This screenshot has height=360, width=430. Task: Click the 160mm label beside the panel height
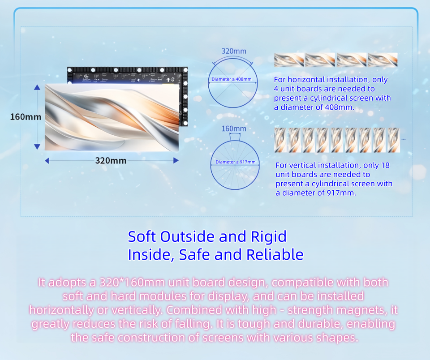pyautogui.click(x=26, y=117)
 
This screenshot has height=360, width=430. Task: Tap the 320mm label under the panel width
pyautogui.click(x=111, y=160)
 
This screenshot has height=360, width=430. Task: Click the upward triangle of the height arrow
pyautogui.click(x=37, y=87)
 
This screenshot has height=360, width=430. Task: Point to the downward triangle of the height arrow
pyautogui.click(x=37, y=147)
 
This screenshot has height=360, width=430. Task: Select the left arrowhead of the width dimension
pyautogui.click(x=47, y=161)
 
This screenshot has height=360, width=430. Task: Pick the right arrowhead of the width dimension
pyautogui.click(x=176, y=161)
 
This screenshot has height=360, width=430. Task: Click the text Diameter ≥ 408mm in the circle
pyautogui.click(x=232, y=79)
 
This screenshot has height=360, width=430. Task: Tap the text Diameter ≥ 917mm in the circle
pyautogui.click(x=236, y=162)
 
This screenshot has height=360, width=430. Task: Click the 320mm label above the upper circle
pyautogui.click(x=234, y=51)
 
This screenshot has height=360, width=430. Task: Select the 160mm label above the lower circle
pyautogui.click(x=234, y=129)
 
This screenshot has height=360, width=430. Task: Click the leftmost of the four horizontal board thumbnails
pyautogui.click(x=289, y=60)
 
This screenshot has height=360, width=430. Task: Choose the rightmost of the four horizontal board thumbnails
pyautogui.click(x=383, y=60)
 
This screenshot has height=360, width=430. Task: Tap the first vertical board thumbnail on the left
pyautogui.click(x=280, y=140)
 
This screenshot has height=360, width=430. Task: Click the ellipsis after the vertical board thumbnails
pyautogui.click(x=404, y=139)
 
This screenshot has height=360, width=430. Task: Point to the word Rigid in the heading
pyautogui.click(x=269, y=237)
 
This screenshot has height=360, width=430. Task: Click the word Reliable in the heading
pyautogui.click(x=275, y=255)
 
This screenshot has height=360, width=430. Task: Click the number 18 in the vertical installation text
pyautogui.click(x=385, y=165)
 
